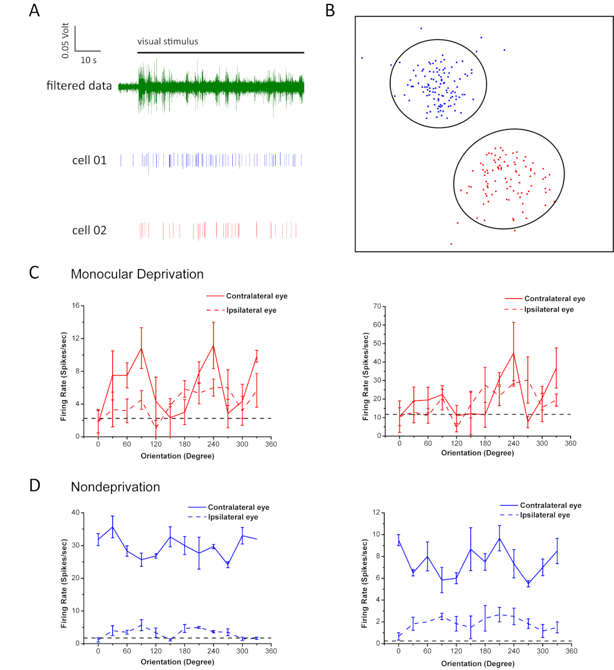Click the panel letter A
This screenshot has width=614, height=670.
coord(35,11)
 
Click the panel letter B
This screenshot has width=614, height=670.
coord(330,11)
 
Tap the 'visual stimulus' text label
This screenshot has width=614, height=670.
coord(167,41)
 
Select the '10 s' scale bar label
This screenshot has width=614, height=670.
coord(88,60)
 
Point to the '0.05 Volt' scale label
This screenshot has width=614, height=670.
coord(66,40)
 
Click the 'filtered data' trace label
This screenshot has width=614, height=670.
coord(79,86)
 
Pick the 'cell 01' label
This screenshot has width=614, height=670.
coord(89,161)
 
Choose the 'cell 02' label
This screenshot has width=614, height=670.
coord(89,231)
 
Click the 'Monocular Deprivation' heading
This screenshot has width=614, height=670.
coord(137,274)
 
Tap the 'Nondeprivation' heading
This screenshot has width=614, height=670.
coord(115,487)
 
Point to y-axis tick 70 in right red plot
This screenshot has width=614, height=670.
coord(378,307)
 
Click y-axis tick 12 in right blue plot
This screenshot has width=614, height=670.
coord(378,513)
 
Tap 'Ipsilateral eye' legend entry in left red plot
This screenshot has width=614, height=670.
coord(251,310)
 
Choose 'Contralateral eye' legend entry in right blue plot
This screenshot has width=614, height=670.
coord(550,505)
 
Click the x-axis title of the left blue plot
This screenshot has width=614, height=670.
coord(177,662)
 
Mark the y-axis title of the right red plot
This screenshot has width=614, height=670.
coord(366,376)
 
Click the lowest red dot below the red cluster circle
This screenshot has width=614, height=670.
coord(451,244)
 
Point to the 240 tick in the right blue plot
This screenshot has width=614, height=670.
coord(514,651)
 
